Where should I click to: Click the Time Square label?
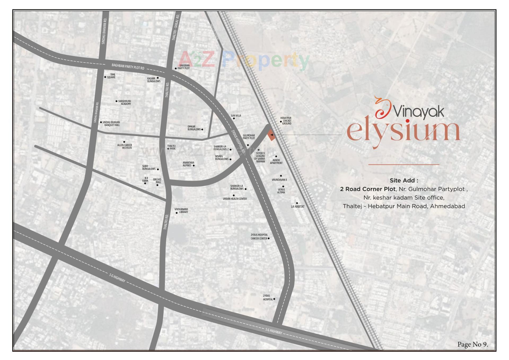click(x=111, y=76)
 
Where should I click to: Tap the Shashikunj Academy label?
click(x=125, y=102)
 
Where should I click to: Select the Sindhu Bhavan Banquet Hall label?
click(x=111, y=124)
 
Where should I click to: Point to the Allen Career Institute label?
click(x=125, y=146)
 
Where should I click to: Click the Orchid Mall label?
click(x=157, y=181)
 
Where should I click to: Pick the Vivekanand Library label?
click(x=181, y=211)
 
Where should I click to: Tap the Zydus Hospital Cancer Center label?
click(x=259, y=237)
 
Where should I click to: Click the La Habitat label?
click(x=298, y=206)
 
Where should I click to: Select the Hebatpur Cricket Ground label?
click(x=286, y=121)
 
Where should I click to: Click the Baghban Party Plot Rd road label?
click(x=128, y=66)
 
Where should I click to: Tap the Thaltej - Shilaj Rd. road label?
click(x=175, y=27)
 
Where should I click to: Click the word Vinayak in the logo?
click(x=419, y=112)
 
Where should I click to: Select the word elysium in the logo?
click(x=403, y=132)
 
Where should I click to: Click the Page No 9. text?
click(x=472, y=344)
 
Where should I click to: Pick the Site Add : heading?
click(x=404, y=180)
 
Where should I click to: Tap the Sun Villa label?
click(x=236, y=116)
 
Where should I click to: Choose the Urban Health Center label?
click(x=235, y=199)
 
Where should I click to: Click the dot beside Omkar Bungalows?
click(x=202, y=129)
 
